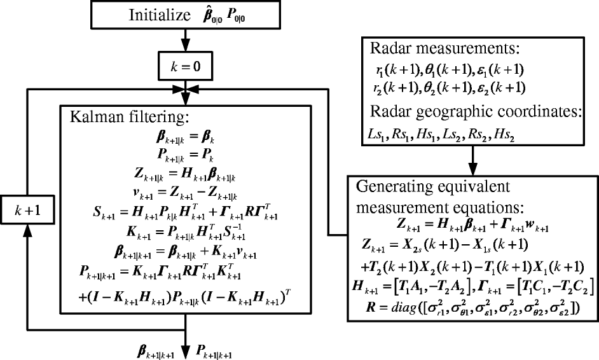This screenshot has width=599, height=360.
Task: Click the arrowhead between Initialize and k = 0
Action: click(185, 45)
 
